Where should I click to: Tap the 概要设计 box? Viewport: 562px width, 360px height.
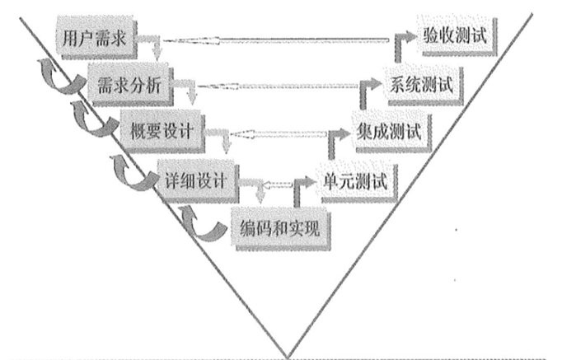click(x=161, y=129)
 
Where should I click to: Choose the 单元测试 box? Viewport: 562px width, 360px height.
click(x=352, y=178)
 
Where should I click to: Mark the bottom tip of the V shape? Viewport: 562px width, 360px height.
click(x=288, y=355)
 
